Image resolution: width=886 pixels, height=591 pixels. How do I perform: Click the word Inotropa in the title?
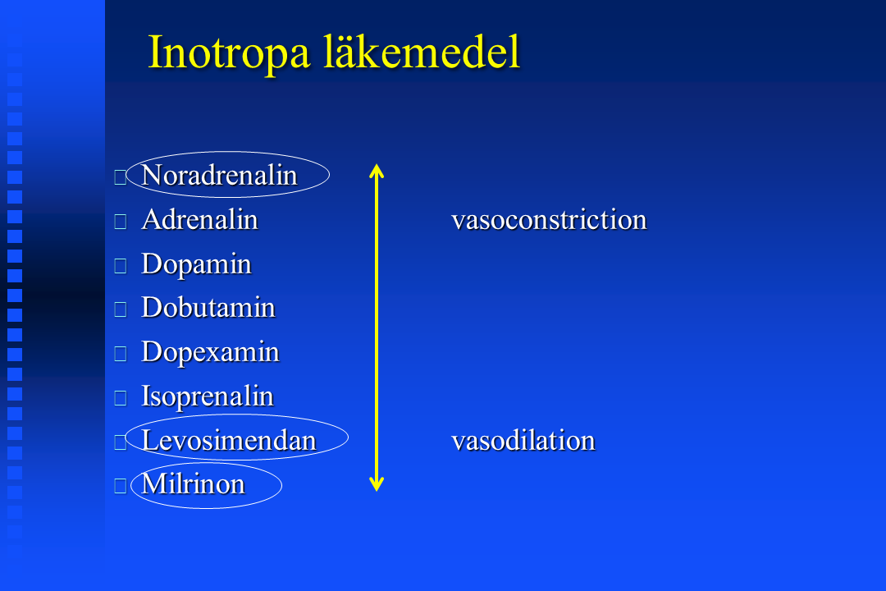click(229, 53)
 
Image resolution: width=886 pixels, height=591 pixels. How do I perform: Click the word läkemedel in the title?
click(422, 52)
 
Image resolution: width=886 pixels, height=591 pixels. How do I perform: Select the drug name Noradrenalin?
click(219, 176)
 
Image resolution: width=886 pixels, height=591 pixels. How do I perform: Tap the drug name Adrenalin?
click(200, 219)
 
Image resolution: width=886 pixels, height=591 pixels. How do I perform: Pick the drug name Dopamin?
click(197, 264)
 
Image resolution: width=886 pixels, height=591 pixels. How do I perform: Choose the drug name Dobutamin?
click(208, 308)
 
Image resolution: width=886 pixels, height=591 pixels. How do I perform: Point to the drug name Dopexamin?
click(210, 353)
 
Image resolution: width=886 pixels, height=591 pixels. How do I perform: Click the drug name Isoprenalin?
click(208, 397)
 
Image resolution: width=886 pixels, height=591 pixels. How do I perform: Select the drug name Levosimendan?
click(229, 441)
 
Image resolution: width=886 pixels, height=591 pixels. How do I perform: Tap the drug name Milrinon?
click(194, 484)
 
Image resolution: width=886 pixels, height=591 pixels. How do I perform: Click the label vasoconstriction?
click(549, 219)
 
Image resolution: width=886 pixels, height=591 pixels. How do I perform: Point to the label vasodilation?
click(523, 441)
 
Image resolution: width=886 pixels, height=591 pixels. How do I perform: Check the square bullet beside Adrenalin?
click(121, 222)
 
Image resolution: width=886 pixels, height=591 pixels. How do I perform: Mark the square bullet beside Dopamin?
click(121, 266)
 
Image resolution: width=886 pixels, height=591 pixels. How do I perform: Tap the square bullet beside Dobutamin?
click(121, 309)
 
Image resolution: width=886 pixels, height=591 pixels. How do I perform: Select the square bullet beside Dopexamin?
click(121, 354)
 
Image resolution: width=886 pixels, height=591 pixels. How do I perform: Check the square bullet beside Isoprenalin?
click(121, 398)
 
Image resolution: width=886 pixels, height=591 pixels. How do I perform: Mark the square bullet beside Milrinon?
click(121, 487)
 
